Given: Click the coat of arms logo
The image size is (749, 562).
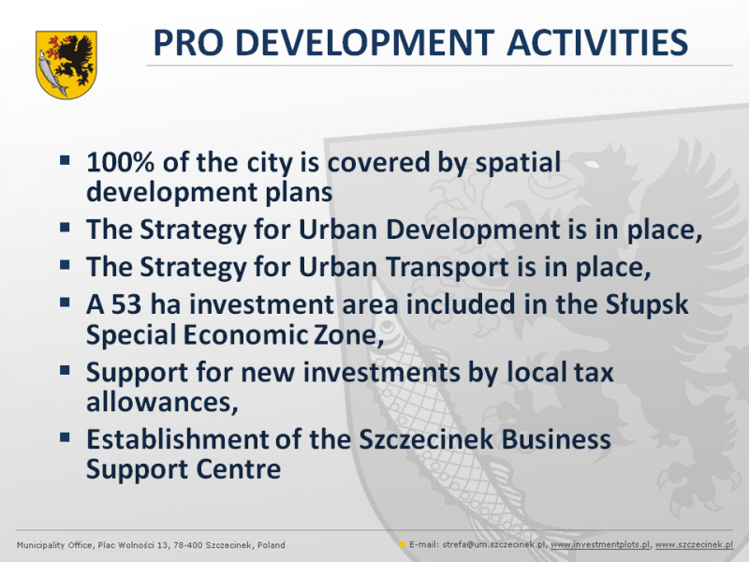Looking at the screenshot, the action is click(x=66, y=65).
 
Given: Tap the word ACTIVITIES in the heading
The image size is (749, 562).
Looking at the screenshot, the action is click(x=597, y=42).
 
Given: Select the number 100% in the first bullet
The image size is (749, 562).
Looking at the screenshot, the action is click(x=121, y=162).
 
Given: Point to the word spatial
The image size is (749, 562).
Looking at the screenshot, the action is click(x=518, y=163).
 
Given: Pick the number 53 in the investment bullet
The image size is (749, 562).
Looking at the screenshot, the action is click(x=126, y=304).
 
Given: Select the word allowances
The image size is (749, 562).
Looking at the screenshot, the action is click(x=162, y=402).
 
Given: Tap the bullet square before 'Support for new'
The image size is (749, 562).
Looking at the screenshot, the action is click(x=65, y=370).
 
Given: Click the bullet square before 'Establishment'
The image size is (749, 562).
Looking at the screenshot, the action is click(x=65, y=436).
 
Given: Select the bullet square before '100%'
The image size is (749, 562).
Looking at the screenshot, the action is click(x=65, y=159).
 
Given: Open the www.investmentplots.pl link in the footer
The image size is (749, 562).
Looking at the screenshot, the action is click(x=600, y=545).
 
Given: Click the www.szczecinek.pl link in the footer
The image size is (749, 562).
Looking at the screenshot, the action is click(x=694, y=545).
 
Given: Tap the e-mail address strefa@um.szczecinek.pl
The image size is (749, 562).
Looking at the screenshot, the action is click(x=493, y=545).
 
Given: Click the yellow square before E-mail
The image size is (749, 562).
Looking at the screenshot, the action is click(x=403, y=544).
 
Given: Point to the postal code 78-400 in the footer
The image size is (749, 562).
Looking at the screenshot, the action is click(x=188, y=545).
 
